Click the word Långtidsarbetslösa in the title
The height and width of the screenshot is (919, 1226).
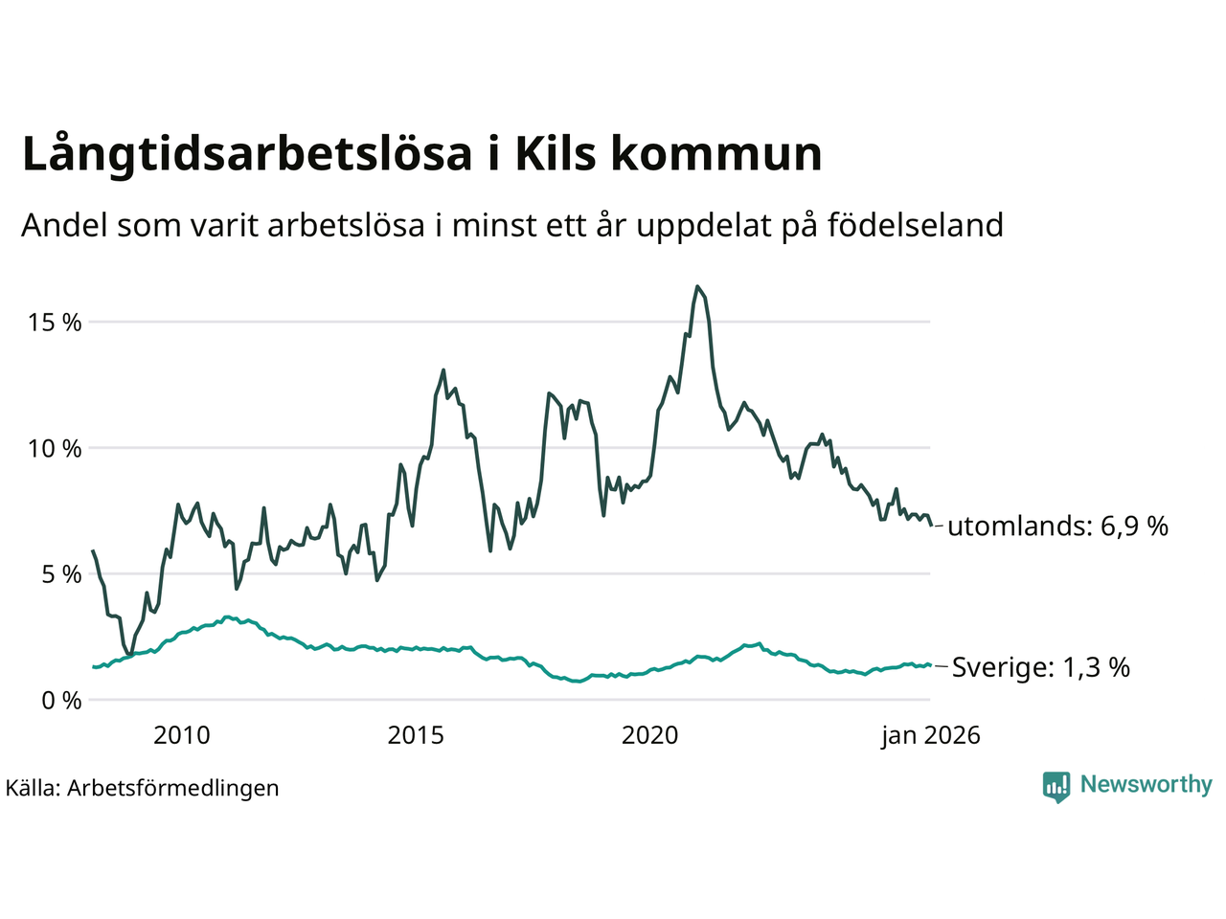(x=247, y=155)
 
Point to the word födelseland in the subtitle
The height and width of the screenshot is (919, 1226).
(x=915, y=226)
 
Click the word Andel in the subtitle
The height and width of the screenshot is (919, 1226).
(x=64, y=226)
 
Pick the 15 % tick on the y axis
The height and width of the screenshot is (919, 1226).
(x=56, y=323)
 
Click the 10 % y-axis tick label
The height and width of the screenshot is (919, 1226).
(x=56, y=448)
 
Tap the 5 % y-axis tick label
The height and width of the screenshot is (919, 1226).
(x=61, y=574)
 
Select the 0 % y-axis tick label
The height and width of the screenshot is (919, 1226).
(x=61, y=701)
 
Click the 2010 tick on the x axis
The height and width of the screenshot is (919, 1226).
(x=182, y=735)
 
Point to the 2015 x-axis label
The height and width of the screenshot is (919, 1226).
(x=416, y=735)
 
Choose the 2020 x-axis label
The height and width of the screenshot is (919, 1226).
(x=649, y=735)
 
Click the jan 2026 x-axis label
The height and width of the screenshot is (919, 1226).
(x=931, y=735)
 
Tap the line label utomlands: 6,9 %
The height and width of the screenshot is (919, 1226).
(x=1057, y=526)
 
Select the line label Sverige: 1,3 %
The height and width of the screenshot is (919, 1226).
(x=1040, y=667)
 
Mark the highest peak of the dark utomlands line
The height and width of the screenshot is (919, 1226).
(x=697, y=286)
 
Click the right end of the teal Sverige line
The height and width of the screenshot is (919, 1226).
(x=929, y=665)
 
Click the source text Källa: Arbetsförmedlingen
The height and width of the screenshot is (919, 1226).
(x=142, y=789)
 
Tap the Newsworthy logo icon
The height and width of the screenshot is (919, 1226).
(x=1056, y=787)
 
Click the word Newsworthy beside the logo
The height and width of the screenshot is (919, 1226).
(x=1146, y=785)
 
